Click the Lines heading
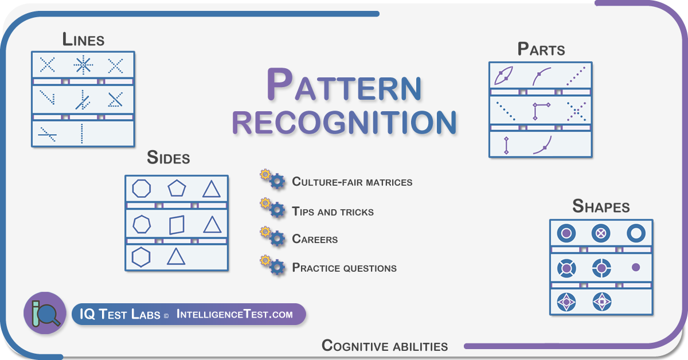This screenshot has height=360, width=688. point(83,40)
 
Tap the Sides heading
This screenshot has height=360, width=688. point(169,158)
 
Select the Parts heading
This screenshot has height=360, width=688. point(541,49)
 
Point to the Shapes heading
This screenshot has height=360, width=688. point(601,206)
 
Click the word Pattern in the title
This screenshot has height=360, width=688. point(344,84)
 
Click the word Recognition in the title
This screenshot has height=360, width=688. point(345,122)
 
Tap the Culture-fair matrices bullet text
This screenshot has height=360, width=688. point(352,182)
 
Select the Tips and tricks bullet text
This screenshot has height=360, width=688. point(333,212)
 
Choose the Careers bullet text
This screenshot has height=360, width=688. point(315,239)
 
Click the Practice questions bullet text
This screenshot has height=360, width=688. point(345,268)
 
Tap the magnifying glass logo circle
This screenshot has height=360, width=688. point(45,313)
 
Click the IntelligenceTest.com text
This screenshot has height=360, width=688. point(234,314)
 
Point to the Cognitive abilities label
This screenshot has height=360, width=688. point(385,346)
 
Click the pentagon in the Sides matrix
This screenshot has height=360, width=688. point(177,188)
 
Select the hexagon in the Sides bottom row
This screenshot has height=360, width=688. point(141,257)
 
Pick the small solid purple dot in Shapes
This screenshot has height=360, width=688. point(636,267)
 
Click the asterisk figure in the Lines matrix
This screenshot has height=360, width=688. point(83,65)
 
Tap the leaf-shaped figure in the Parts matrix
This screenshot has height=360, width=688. point(504,75)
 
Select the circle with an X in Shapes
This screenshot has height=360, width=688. point(601,233)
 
